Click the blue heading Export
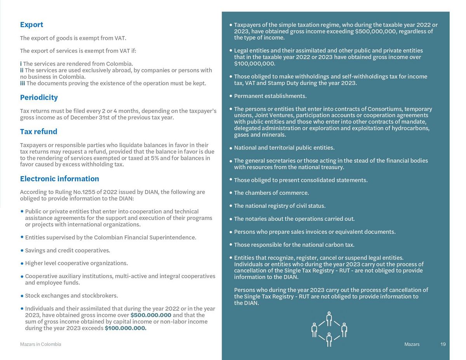[x=31, y=24]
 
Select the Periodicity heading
[x=39, y=97]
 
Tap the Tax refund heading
[x=38, y=132]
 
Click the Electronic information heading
[x=59, y=178]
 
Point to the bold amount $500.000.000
[x=151, y=315]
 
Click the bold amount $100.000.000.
[x=125, y=328]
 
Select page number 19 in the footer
[x=443, y=344]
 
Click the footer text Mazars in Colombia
[x=40, y=344]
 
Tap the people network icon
[x=329, y=329]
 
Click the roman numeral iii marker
[x=23, y=83]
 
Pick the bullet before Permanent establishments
[x=231, y=96]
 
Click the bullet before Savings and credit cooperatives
[x=22, y=251]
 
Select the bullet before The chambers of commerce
[x=231, y=193]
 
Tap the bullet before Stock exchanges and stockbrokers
[x=22, y=296]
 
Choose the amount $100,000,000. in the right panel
[x=254, y=64]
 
